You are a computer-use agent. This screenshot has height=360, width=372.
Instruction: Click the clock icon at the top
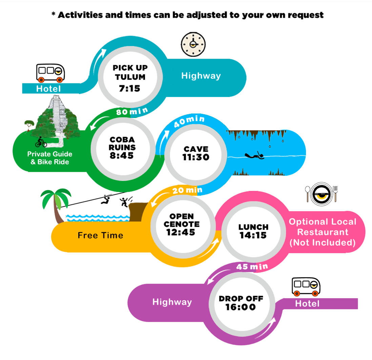point(193,44)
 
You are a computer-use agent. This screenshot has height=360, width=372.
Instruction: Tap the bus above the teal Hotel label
point(50,73)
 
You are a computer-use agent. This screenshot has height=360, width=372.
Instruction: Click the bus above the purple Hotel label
point(306,287)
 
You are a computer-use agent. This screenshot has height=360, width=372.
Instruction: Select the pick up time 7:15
point(129,88)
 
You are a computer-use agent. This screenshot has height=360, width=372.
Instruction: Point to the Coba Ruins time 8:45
point(122,156)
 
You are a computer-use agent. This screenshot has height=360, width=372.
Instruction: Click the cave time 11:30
point(196,157)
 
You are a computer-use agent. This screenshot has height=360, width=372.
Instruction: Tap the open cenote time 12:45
point(181,232)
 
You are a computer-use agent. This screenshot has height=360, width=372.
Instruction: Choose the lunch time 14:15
point(253,235)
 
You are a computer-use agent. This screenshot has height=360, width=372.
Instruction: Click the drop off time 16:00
point(241,307)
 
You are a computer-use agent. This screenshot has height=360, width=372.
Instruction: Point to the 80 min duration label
point(132,111)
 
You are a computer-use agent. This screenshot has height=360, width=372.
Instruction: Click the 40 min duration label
point(189,121)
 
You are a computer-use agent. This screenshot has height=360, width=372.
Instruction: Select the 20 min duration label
point(187,190)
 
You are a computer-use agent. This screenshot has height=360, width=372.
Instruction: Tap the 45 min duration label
point(252,266)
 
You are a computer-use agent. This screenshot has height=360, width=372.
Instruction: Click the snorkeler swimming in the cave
point(254,156)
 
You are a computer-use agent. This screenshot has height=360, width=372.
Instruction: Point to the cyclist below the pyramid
point(41,142)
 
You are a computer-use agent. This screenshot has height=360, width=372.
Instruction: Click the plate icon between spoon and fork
point(322,194)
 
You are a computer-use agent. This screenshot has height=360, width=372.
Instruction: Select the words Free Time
point(100,235)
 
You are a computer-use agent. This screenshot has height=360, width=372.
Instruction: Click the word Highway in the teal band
point(201,76)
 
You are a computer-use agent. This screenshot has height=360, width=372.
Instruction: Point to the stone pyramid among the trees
point(56,114)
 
